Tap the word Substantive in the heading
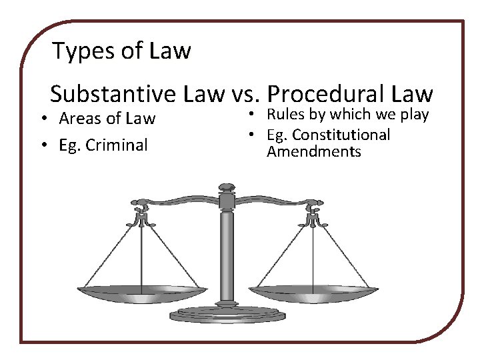[114, 94]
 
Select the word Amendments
[313, 152]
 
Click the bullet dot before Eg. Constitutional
[253, 135]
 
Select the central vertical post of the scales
[227, 253]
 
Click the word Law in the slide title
[171, 51]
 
